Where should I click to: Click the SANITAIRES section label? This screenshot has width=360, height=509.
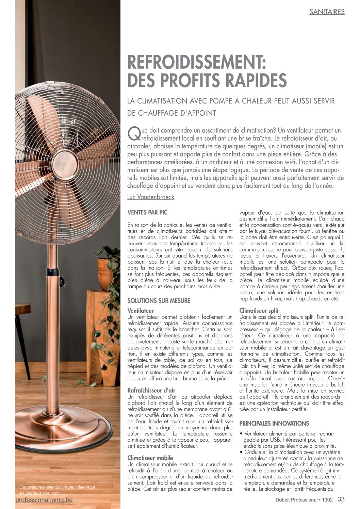coord(327,12)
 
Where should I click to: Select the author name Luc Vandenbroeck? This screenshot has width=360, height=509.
coord(150,197)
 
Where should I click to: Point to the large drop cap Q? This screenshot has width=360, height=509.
coord(133,133)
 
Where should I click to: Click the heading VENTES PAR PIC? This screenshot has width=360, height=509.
coord(147,212)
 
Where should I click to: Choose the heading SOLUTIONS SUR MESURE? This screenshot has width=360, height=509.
coord(159,301)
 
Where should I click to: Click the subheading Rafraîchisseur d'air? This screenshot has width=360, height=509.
coord(151,390)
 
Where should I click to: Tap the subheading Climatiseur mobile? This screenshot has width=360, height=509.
coord(150,458)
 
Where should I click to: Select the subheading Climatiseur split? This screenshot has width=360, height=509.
coord(259,310)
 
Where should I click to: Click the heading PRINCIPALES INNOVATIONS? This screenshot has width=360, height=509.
coord(274,424)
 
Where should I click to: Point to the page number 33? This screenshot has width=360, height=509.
coord(341,499)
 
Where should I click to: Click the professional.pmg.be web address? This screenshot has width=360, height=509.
coord(44,500)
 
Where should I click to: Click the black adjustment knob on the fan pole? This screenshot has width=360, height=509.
coord(62,281)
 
